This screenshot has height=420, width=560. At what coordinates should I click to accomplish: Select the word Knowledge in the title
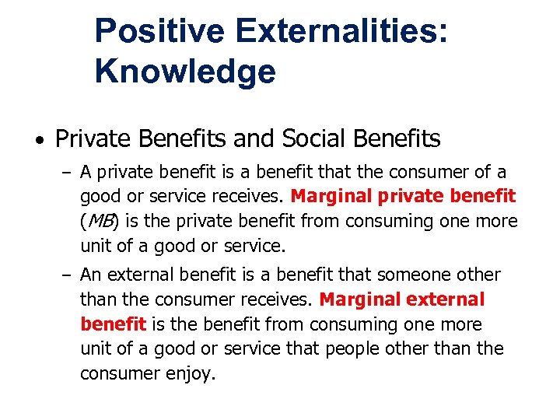click(x=185, y=72)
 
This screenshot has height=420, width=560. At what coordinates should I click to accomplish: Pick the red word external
click(x=446, y=299)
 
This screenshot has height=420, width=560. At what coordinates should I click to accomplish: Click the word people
click(x=355, y=349)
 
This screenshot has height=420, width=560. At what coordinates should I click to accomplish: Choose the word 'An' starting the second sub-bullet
click(x=91, y=275)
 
